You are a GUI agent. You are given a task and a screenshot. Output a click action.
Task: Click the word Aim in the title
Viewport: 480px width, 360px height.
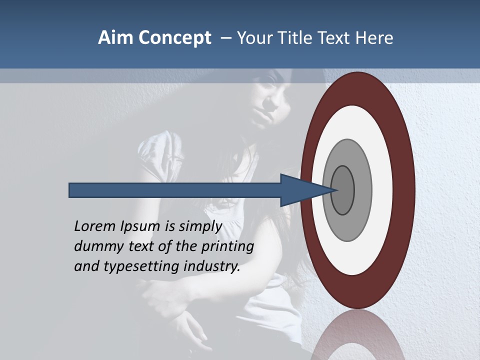click(113, 38)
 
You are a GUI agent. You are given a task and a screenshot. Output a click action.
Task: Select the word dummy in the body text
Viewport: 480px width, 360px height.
click(95, 246)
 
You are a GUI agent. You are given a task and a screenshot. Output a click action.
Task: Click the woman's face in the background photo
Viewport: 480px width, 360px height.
click(270, 97)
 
